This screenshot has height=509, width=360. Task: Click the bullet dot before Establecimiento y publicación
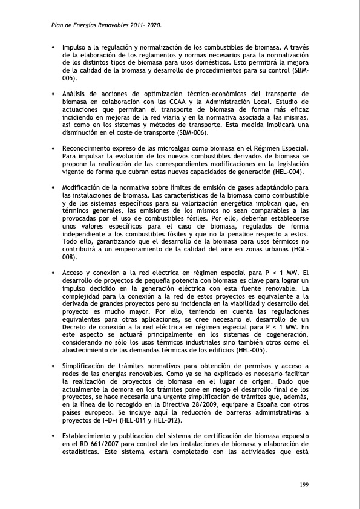[54, 436]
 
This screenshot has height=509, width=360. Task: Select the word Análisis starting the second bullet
[77, 94]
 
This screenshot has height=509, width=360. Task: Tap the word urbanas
[269, 250]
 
